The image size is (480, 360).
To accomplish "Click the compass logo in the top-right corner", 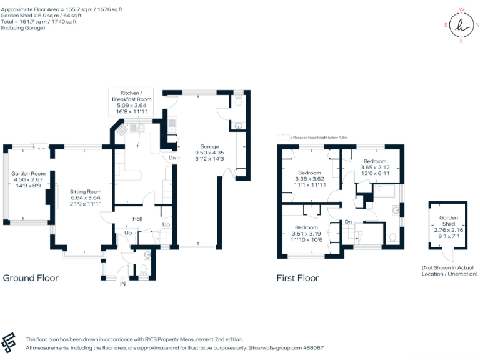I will (x=462, y=25).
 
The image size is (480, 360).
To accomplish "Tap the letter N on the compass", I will (x=477, y=25).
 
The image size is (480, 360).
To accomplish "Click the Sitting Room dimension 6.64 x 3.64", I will (x=85, y=199).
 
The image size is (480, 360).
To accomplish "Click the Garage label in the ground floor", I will (x=201, y=146).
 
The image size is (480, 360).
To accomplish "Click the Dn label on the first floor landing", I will (x=348, y=222).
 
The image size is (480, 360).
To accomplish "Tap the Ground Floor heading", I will (x=31, y=278).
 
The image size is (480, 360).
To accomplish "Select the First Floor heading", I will (x=298, y=278).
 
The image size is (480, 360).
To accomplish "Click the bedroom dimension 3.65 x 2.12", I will (x=375, y=167).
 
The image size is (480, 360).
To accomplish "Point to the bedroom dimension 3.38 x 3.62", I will (x=309, y=178).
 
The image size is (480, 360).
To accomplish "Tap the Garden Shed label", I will (x=448, y=221).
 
